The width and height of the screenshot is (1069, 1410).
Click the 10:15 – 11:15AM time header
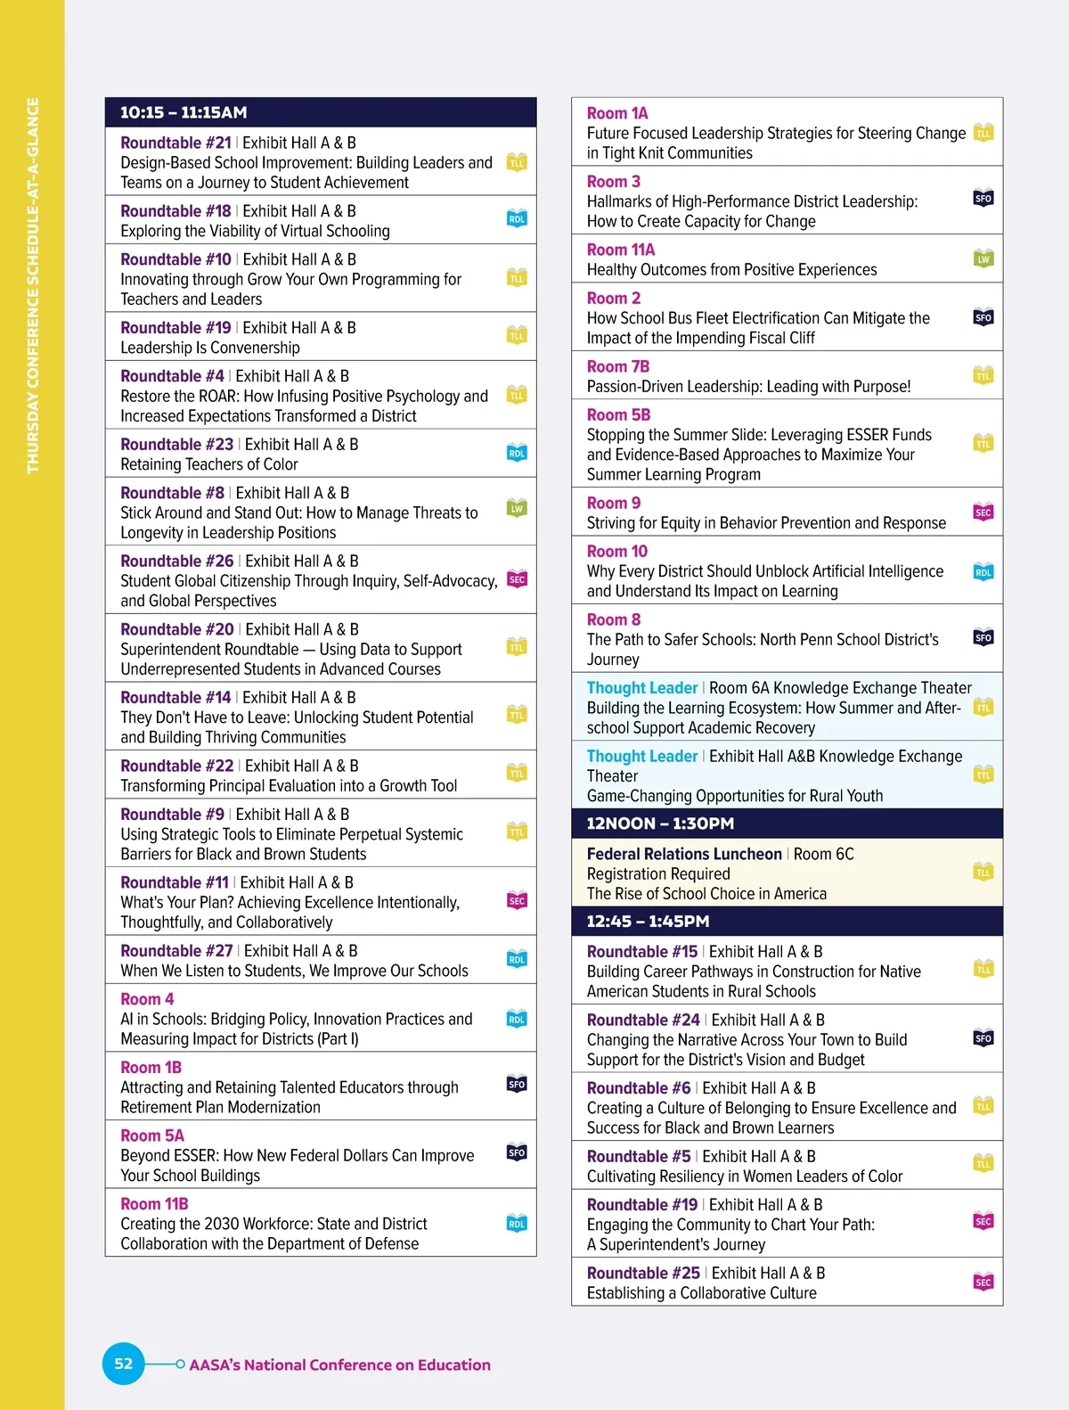184,112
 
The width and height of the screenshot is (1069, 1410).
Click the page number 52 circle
124,1364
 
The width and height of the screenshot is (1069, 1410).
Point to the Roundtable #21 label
175,143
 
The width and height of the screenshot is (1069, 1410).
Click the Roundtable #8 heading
172,493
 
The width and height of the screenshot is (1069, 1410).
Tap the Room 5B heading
618,414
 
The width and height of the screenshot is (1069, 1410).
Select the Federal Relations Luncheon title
684,854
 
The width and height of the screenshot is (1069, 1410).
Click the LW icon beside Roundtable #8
517,509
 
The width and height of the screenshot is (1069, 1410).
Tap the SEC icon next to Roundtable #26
517,579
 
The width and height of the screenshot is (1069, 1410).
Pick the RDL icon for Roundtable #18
517,218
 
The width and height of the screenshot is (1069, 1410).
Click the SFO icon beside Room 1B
517,1085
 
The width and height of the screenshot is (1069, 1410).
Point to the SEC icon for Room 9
983,512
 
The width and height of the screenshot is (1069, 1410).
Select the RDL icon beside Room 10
983,572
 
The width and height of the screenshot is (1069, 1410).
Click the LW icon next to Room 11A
983,259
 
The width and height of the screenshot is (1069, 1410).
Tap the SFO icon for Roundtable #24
983,1038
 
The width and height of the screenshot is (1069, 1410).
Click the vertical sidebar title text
33,285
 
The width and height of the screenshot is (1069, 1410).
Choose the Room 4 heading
147,999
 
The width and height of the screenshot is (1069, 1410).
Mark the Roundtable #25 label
643,1273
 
